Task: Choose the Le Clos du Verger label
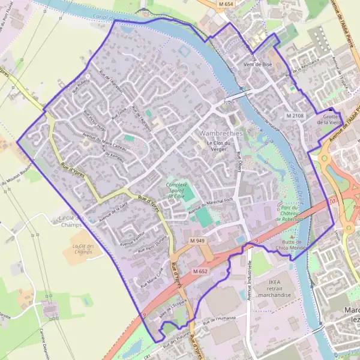click(219, 147)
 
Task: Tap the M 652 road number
click(200, 272)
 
